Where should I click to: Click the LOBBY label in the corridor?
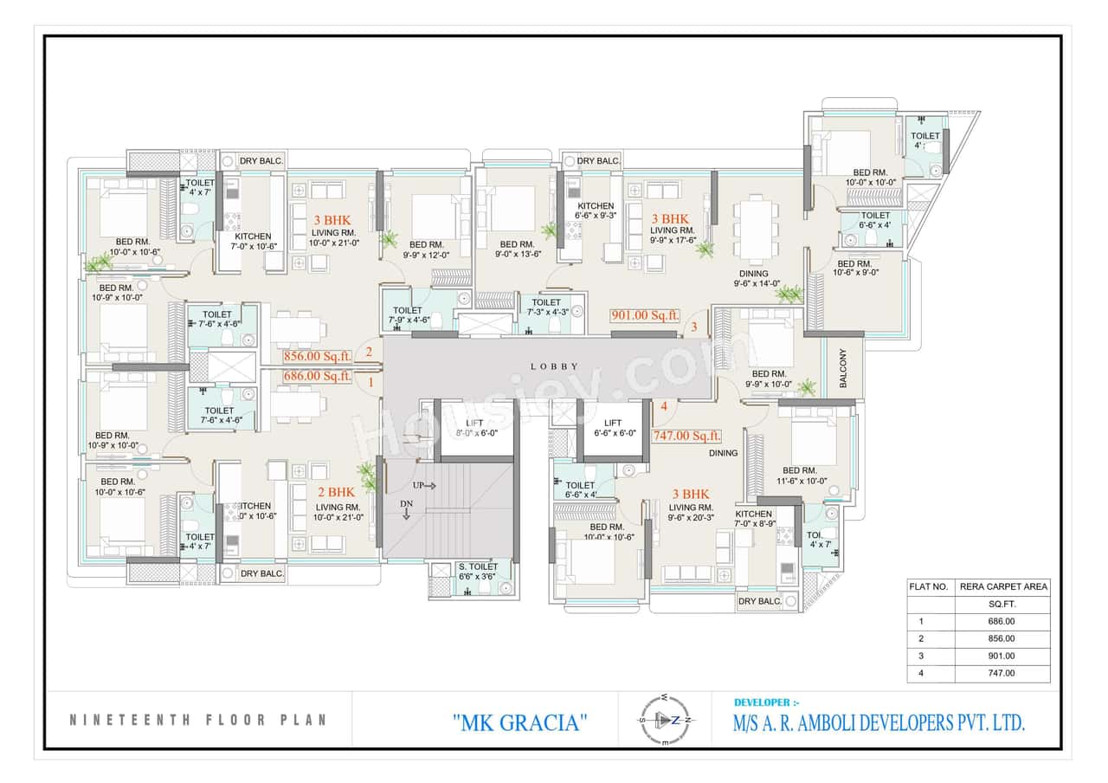coord(553,366)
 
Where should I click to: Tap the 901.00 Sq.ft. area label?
coord(645,316)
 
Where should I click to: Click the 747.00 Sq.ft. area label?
coord(686,437)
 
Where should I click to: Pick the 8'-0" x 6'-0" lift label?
coord(473,428)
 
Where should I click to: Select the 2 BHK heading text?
coord(336,490)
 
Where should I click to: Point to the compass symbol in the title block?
coord(665,720)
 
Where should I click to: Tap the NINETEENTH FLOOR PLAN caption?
coord(197,720)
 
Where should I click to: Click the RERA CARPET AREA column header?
coord(1004,586)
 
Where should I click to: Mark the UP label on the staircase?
coord(418,485)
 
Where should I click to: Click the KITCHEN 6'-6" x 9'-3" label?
coord(596,211)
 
